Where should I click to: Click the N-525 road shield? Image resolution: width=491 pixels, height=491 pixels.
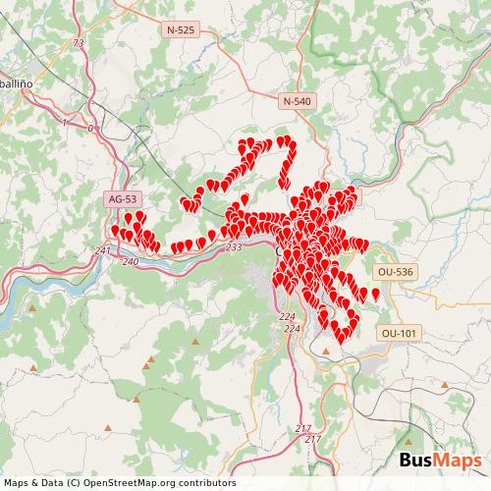[x=181, y=30]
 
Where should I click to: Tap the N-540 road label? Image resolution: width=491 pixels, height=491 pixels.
[x=297, y=101]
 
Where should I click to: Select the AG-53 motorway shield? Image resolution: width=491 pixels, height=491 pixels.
[x=123, y=199]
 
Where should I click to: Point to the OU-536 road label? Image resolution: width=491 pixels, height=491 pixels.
[x=394, y=270]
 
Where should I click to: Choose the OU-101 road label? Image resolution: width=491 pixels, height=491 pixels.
[x=399, y=334]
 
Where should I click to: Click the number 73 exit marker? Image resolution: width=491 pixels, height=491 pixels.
[x=79, y=44]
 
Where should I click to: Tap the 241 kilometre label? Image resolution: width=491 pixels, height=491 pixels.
[x=103, y=252]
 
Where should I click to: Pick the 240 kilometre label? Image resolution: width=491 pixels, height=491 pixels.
[x=131, y=262]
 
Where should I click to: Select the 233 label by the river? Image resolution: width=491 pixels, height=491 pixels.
[x=234, y=248]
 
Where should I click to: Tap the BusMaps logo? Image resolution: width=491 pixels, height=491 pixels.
[x=439, y=461]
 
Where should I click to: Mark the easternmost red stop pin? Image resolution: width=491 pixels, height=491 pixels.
[x=375, y=293]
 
